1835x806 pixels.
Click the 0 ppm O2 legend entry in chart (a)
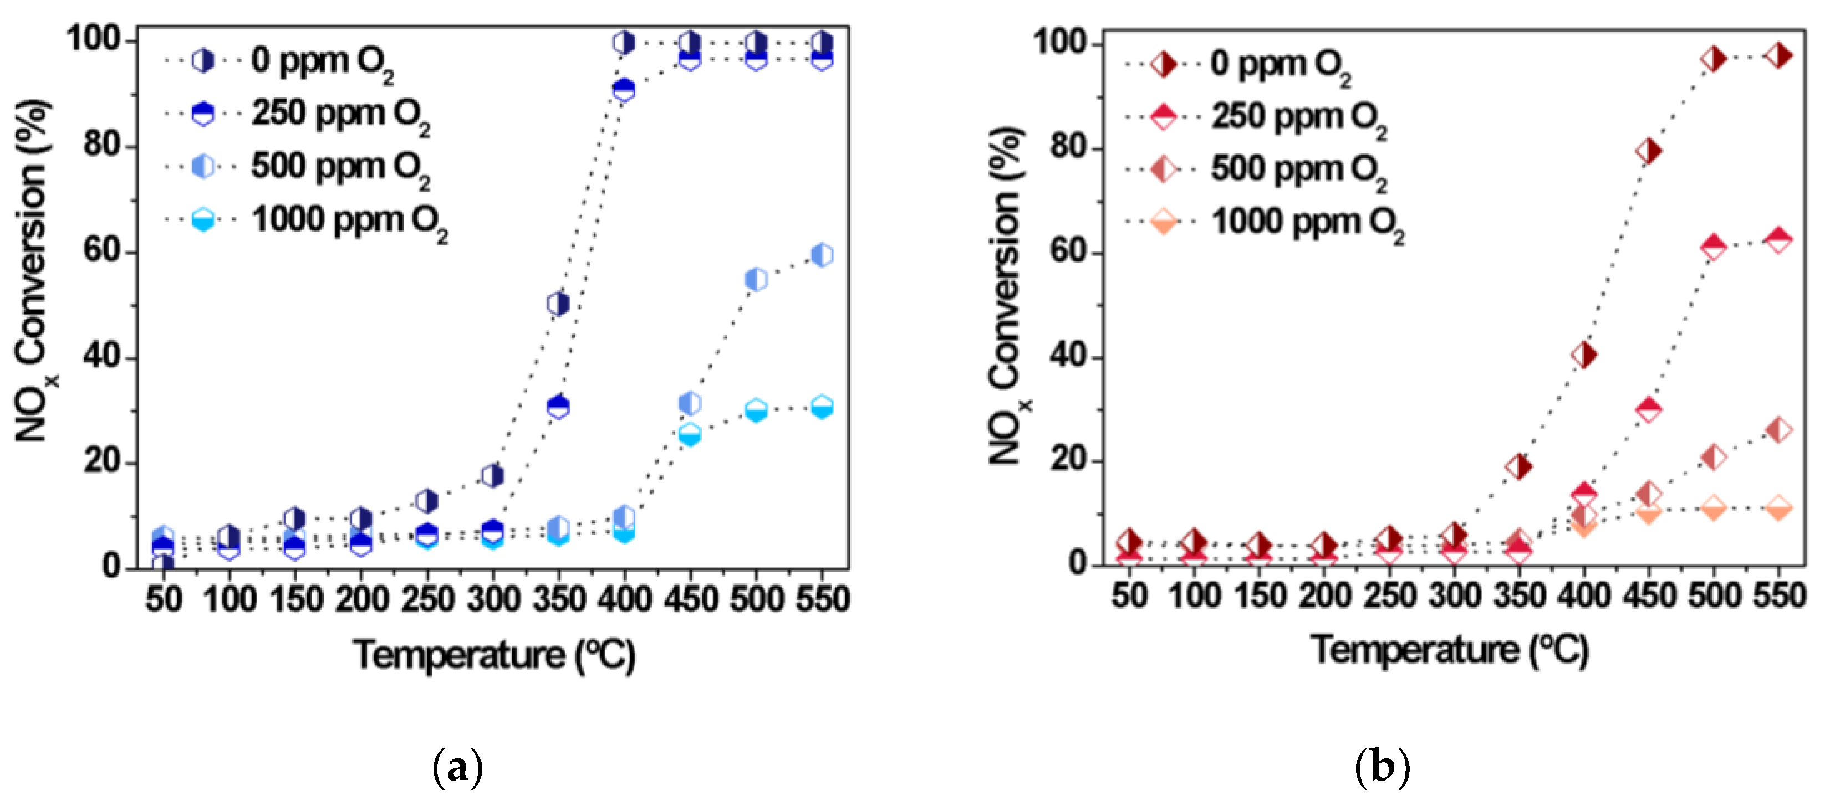[320, 61]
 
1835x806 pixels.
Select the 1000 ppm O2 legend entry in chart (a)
[349, 220]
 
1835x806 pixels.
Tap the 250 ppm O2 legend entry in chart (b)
[1298, 117]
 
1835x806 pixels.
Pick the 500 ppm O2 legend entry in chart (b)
[1298, 170]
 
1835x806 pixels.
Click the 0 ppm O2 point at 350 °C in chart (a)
[558, 304]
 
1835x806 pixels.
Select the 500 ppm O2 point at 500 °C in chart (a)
[756, 279]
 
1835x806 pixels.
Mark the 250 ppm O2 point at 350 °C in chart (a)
[558, 407]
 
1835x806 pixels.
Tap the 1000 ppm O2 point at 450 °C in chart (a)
[690, 434]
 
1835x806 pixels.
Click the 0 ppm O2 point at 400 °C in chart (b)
[1583, 355]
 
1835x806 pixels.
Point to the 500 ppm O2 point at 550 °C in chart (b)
[1778, 430]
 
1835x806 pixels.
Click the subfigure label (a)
[457, 768]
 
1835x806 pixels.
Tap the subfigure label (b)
[1382, 768]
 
